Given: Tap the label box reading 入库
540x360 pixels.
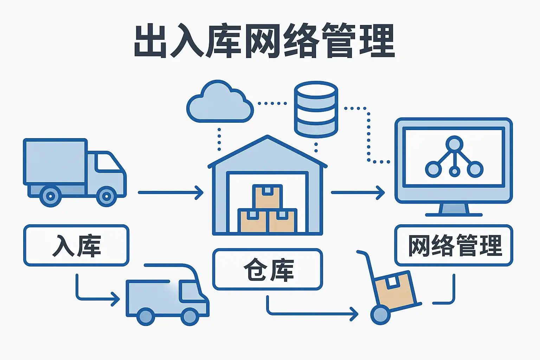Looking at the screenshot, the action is click(76, 245).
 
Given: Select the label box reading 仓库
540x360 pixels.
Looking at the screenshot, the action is click(268, 269).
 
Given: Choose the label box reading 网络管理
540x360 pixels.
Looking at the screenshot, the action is click(454, 245).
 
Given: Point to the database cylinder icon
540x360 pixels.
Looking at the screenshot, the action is click(316, 109).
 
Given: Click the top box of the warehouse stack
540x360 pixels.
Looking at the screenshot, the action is click(267, 197).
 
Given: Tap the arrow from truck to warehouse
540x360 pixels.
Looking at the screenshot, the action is click(171, 192).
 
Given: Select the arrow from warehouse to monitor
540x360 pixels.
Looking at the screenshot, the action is click(358, 192).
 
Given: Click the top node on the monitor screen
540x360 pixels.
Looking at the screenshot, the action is click(455, 144).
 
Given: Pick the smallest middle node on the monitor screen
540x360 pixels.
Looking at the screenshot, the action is click(455, 172).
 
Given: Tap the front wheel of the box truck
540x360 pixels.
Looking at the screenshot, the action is click(107, 196).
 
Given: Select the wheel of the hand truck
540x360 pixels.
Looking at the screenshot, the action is click(380, 315).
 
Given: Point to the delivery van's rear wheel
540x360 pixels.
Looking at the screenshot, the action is click(146, 316).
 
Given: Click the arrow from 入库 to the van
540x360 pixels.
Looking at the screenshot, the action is click(96, 293).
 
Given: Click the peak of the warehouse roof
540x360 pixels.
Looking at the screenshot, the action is click(267, 136).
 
